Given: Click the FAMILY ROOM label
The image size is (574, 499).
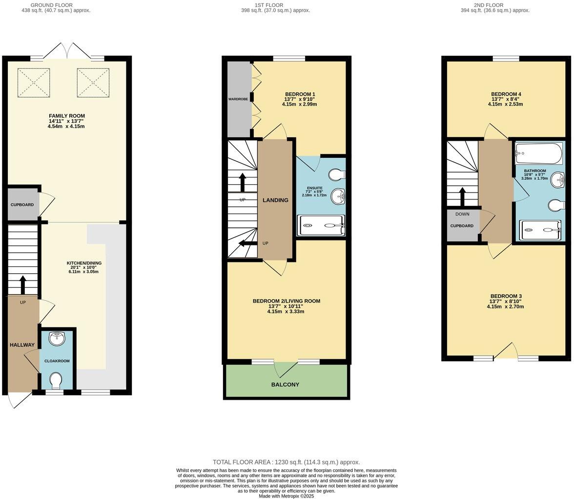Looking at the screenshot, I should (67, 116).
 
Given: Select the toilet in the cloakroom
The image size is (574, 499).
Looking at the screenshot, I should (57, 380).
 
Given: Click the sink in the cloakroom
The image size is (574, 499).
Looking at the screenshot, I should (58, 338).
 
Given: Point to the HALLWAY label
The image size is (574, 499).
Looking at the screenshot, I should (22, 345).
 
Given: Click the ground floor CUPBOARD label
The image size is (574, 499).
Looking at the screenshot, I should (22, 205).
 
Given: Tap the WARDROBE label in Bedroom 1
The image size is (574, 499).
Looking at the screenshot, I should (238, 99).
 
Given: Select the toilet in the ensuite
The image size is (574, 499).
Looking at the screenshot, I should (336, 174).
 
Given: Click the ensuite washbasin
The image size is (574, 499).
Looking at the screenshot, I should (337, 197).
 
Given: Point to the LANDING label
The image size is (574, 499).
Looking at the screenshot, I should (275, 200).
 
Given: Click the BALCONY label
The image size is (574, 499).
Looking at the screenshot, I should (285, 385).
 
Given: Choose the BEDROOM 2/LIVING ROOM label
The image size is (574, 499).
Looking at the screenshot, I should (286, 301).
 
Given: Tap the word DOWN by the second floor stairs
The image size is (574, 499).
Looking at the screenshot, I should (462, 214).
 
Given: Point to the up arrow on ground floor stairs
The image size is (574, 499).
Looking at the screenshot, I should (22, 284).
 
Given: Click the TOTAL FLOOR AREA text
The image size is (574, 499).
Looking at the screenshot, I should (286, 462).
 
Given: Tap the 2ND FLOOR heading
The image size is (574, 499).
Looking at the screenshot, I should (495, 5).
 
